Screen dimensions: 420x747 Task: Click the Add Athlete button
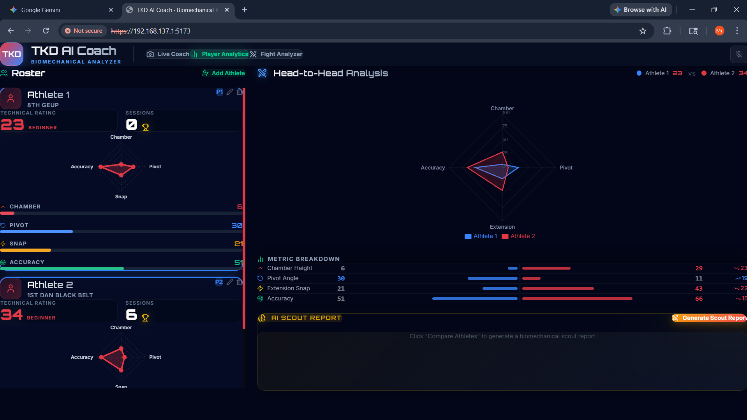(224, 73)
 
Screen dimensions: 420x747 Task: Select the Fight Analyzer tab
(277, 54)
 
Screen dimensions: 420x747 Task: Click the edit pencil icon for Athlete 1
(230, 92)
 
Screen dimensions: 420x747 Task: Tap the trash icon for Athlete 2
(239, 282)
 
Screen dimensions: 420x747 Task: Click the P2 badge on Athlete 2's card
(219, 282)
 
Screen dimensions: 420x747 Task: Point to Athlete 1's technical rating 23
(12, 125)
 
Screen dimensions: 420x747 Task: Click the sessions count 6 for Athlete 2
(131, 314)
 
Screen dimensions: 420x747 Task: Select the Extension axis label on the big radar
(502, 227)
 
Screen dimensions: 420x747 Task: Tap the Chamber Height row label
(289, 268)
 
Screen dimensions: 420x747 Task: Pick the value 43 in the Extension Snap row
(699, 289)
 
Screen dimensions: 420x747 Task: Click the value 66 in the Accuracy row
(699, 299)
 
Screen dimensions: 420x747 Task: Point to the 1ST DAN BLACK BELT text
(60, 295)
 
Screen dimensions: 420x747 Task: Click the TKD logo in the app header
(12, 54)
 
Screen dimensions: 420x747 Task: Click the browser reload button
(46, 31)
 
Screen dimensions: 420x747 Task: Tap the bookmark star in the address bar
(643, 31)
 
